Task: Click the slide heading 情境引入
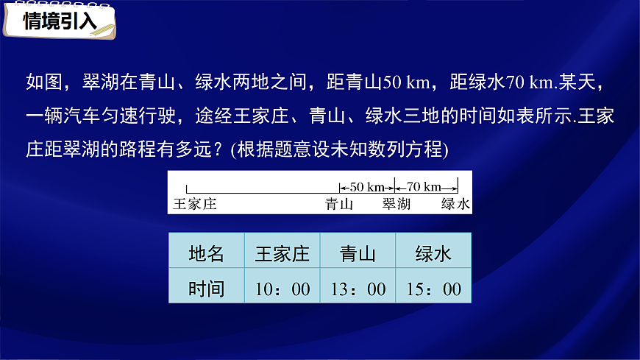(x=60, y=21)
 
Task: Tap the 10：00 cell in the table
(x=282, y=289)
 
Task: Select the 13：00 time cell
(x=358, y=289)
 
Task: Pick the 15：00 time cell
(x=433, y=289)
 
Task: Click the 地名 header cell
(x=206, y=255)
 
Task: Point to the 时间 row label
(x=206, y=289)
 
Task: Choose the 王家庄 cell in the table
(x=282, y=255)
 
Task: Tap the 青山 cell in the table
(x=358, y=255)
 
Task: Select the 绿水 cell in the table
(x=433, y=255)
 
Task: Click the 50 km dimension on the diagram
(x=366, y=186)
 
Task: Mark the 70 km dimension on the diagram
(x=424, y=186)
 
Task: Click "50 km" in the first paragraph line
(x=402, y=82)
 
